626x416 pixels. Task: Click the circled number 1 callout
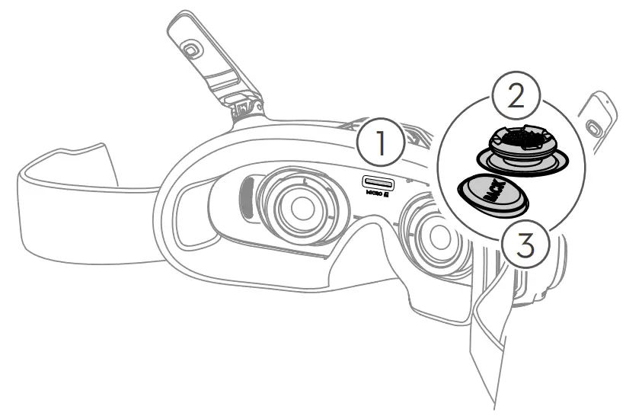coord(380,142)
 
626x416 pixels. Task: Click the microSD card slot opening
coord(377,182)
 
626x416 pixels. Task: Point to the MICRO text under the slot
coord(372,195)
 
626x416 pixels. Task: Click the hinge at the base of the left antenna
coord(245,114)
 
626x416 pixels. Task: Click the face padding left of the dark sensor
coord(217,206)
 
